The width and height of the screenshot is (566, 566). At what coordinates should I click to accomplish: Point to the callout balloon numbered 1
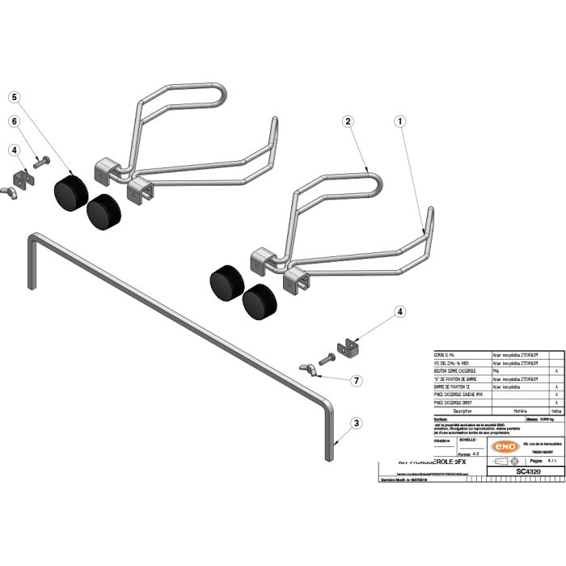(x=399, y=121)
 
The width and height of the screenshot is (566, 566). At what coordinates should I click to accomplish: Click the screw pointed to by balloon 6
(x=40, y=163)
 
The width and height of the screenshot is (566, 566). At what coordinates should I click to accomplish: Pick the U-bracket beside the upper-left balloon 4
(x=22, y=179)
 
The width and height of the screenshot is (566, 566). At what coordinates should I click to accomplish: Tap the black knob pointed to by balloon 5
(x=70, y=191)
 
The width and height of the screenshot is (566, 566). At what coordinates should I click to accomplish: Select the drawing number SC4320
(x=527, y=471)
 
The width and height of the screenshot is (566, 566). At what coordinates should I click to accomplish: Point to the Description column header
(x=456, y=411)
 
